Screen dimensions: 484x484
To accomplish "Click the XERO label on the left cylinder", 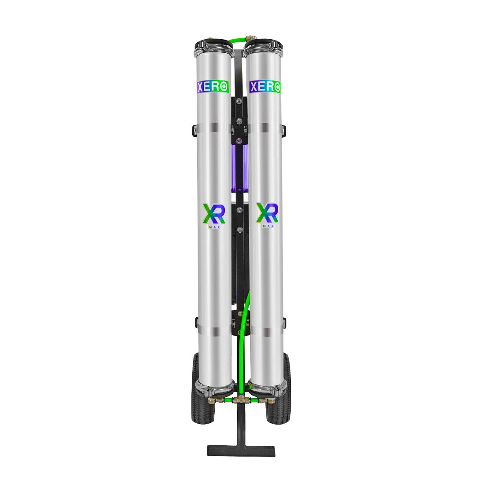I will tap(213, 86).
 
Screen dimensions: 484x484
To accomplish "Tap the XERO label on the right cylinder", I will tap(265, 86).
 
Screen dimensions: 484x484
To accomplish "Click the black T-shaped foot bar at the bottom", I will tap(241, 450).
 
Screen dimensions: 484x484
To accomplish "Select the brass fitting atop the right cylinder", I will tap(253, 39).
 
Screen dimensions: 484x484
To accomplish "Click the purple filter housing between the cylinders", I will tap(240, 169).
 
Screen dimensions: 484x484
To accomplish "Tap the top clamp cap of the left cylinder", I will tap(213, 46).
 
